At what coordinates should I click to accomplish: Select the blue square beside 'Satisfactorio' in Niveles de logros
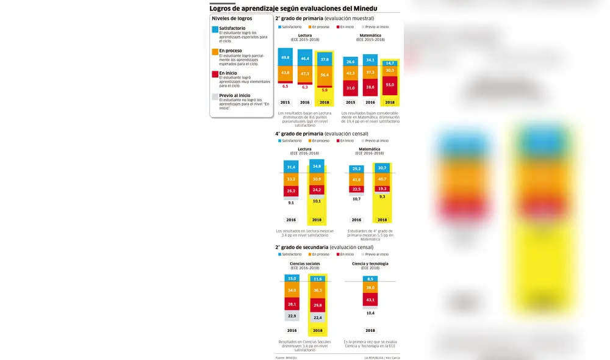(215, 29)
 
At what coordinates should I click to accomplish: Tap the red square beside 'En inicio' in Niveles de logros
(215, 73)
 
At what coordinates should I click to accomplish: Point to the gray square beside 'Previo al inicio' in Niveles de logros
(215, 96)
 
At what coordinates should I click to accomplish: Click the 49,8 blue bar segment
(285, 57)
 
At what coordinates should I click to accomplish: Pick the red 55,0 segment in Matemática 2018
(390, 85)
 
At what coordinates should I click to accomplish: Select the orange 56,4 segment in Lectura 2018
(325, 75)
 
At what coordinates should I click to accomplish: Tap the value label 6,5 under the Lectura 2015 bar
(285, 87)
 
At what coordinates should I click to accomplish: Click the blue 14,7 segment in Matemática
(390, 63)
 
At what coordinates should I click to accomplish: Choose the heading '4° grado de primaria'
(299, 133)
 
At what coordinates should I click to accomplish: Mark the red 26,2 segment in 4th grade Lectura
(291, 191)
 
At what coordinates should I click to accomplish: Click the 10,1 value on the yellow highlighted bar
(317, 201)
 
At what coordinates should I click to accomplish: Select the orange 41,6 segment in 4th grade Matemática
(356, 179)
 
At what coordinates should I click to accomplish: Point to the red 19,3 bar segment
(382, 189)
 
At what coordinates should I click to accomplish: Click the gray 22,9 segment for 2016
(292, 316)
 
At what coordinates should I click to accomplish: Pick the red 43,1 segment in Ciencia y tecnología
(370, 300)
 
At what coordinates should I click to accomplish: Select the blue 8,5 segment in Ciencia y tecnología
(370, 279)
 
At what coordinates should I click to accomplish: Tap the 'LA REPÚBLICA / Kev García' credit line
(386, 358)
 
